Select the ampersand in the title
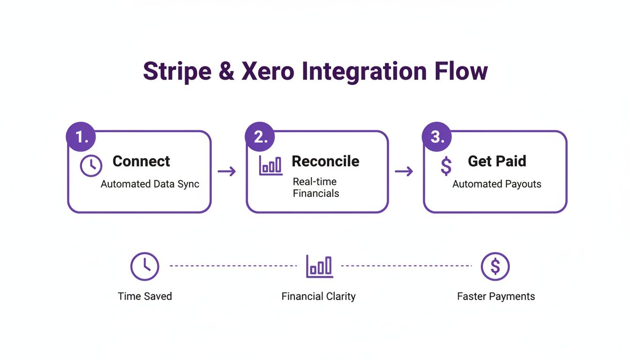click(226, 72)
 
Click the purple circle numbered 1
click(82, 137)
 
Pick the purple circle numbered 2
click(259, 137)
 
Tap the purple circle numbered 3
click(436, 137)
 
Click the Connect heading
click(141, 161)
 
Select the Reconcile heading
click(325, 161)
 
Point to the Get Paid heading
click(497, 161)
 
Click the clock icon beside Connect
click(91, 166)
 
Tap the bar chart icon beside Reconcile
click(271, 165)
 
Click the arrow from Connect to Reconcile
click(227, 172)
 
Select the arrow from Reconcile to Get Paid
click(404, 172)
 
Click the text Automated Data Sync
click(150, 184)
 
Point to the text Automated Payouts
click(497, 184)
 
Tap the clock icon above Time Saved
click(144, 266)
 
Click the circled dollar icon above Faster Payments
click(495, 266)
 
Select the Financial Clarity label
click(318, 296)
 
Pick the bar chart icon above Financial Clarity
click(319, 266)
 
